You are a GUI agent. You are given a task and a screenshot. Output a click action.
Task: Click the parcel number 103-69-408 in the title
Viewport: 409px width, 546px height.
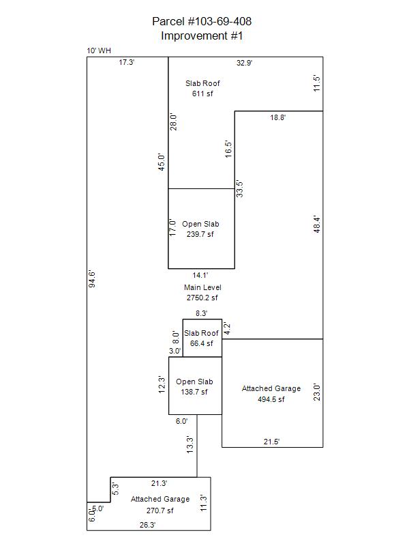pos(219,22)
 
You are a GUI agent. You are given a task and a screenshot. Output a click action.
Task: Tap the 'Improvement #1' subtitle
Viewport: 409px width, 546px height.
pos(202,35)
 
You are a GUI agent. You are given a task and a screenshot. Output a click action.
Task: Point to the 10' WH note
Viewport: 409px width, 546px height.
pos(99,51)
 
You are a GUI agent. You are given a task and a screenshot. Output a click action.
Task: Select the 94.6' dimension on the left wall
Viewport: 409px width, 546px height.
pos(92,279)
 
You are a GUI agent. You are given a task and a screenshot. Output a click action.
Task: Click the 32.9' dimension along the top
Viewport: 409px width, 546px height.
pos(245,63)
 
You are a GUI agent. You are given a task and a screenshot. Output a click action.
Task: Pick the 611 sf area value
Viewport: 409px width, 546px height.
pos(202,94)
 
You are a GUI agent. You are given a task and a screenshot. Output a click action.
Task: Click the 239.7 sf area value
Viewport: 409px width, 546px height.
pos(200,234)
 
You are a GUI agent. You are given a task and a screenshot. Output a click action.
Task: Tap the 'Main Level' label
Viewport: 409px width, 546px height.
pos(202,287)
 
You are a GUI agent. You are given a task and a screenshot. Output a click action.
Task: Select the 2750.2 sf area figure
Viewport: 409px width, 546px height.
pos(202,298)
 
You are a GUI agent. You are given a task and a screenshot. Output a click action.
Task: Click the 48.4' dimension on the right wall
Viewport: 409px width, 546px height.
pos(316,225)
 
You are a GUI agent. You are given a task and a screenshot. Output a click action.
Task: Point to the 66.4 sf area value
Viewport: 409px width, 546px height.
pos(201,343)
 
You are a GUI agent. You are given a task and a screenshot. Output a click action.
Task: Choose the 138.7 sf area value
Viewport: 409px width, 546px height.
pos(194,392)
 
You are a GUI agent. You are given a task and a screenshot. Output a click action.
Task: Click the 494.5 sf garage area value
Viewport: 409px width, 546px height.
pos(271,399)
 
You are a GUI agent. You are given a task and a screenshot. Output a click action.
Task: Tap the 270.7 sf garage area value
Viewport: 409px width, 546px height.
pos(160,511)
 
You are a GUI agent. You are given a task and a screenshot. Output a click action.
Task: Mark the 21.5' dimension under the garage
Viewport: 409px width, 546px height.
pos(271,442)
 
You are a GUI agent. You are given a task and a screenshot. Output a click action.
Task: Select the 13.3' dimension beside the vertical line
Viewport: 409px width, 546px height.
pos(190,445)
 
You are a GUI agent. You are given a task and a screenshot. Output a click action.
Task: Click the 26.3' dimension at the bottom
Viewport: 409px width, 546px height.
pos(147,525)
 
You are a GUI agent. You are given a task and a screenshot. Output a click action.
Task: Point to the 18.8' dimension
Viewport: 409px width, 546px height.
pos(278,117)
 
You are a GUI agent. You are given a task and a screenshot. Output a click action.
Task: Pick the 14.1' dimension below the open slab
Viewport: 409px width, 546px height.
pos(200,275)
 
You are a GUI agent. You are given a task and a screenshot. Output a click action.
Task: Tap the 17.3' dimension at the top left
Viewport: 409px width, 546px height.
pos(127,62)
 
